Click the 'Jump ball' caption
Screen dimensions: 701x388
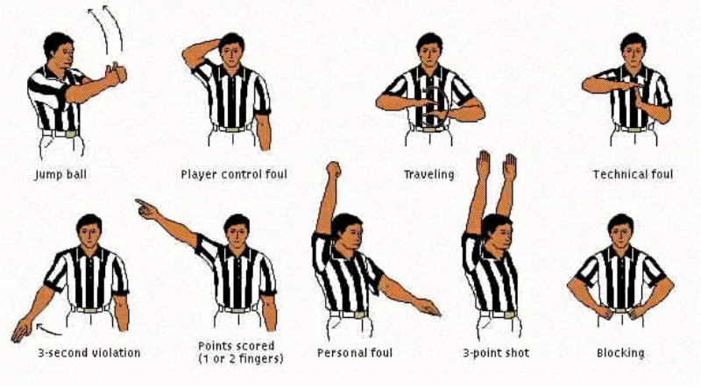coord(60,174)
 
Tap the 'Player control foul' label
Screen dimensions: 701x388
coord(234,174)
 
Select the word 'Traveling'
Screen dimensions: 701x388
coord(428,174)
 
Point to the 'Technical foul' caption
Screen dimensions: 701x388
coord(633,174)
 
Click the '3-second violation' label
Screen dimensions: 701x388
coord(89,353)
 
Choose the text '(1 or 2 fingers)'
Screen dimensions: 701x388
coord(240,358)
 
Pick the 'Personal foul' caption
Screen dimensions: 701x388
coord(355,353)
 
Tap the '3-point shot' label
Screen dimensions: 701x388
coord(496,353)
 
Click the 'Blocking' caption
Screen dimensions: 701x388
coord(620,353)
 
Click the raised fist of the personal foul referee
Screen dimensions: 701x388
coord(334,170)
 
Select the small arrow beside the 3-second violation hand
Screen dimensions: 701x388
coord(48,330)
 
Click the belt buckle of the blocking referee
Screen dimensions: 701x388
coord(620,310)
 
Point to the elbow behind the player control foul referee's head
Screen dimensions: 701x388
coord(187,57)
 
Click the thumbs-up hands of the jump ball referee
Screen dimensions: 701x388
coord(116,74)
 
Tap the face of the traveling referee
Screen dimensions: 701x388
coord(429,53)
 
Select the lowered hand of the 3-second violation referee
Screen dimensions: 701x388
coord(21,330)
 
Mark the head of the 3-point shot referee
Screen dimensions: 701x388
coord(496,231)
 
